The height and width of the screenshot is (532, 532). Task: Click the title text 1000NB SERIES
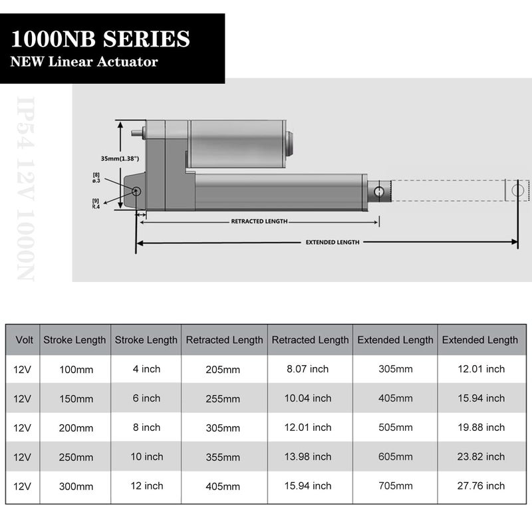pos(100,39)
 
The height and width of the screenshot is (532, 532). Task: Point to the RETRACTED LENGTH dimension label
pos(259,221)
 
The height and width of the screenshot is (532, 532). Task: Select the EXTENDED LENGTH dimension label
pos(332,243)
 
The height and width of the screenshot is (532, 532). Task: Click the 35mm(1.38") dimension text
pos(120,159)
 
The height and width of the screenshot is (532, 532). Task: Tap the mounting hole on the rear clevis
pos(136,192)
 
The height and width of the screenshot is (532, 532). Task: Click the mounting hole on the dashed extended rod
pos(518,190)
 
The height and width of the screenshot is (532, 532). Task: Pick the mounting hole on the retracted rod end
pos(379,192)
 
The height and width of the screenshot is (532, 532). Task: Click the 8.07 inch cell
pos(307,369)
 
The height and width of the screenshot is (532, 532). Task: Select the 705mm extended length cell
pos(395,486)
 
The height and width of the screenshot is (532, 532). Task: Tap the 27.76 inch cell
pos(479,486)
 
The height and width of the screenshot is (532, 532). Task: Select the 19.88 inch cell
pos(479,428)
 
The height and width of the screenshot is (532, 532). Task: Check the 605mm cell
pos(395,458)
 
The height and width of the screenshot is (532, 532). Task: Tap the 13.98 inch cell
pos(309,457)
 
